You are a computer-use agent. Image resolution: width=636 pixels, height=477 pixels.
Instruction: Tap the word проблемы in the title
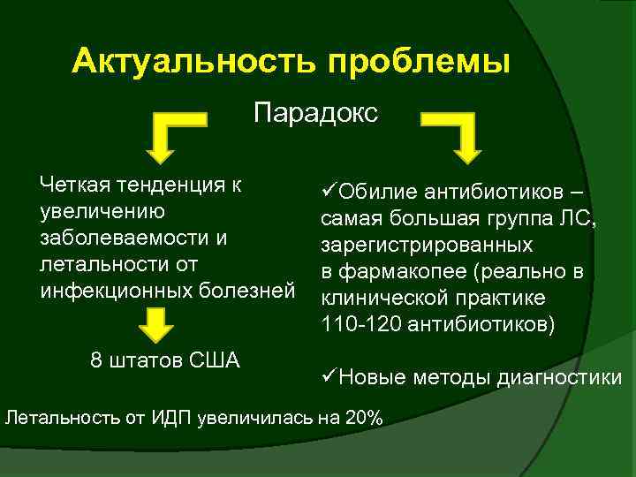click(x=419, y=63)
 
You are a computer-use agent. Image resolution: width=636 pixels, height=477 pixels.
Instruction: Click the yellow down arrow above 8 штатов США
click(x=155, y=325)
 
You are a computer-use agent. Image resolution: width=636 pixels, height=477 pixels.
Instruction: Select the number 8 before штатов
click(x=96, y=361)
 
